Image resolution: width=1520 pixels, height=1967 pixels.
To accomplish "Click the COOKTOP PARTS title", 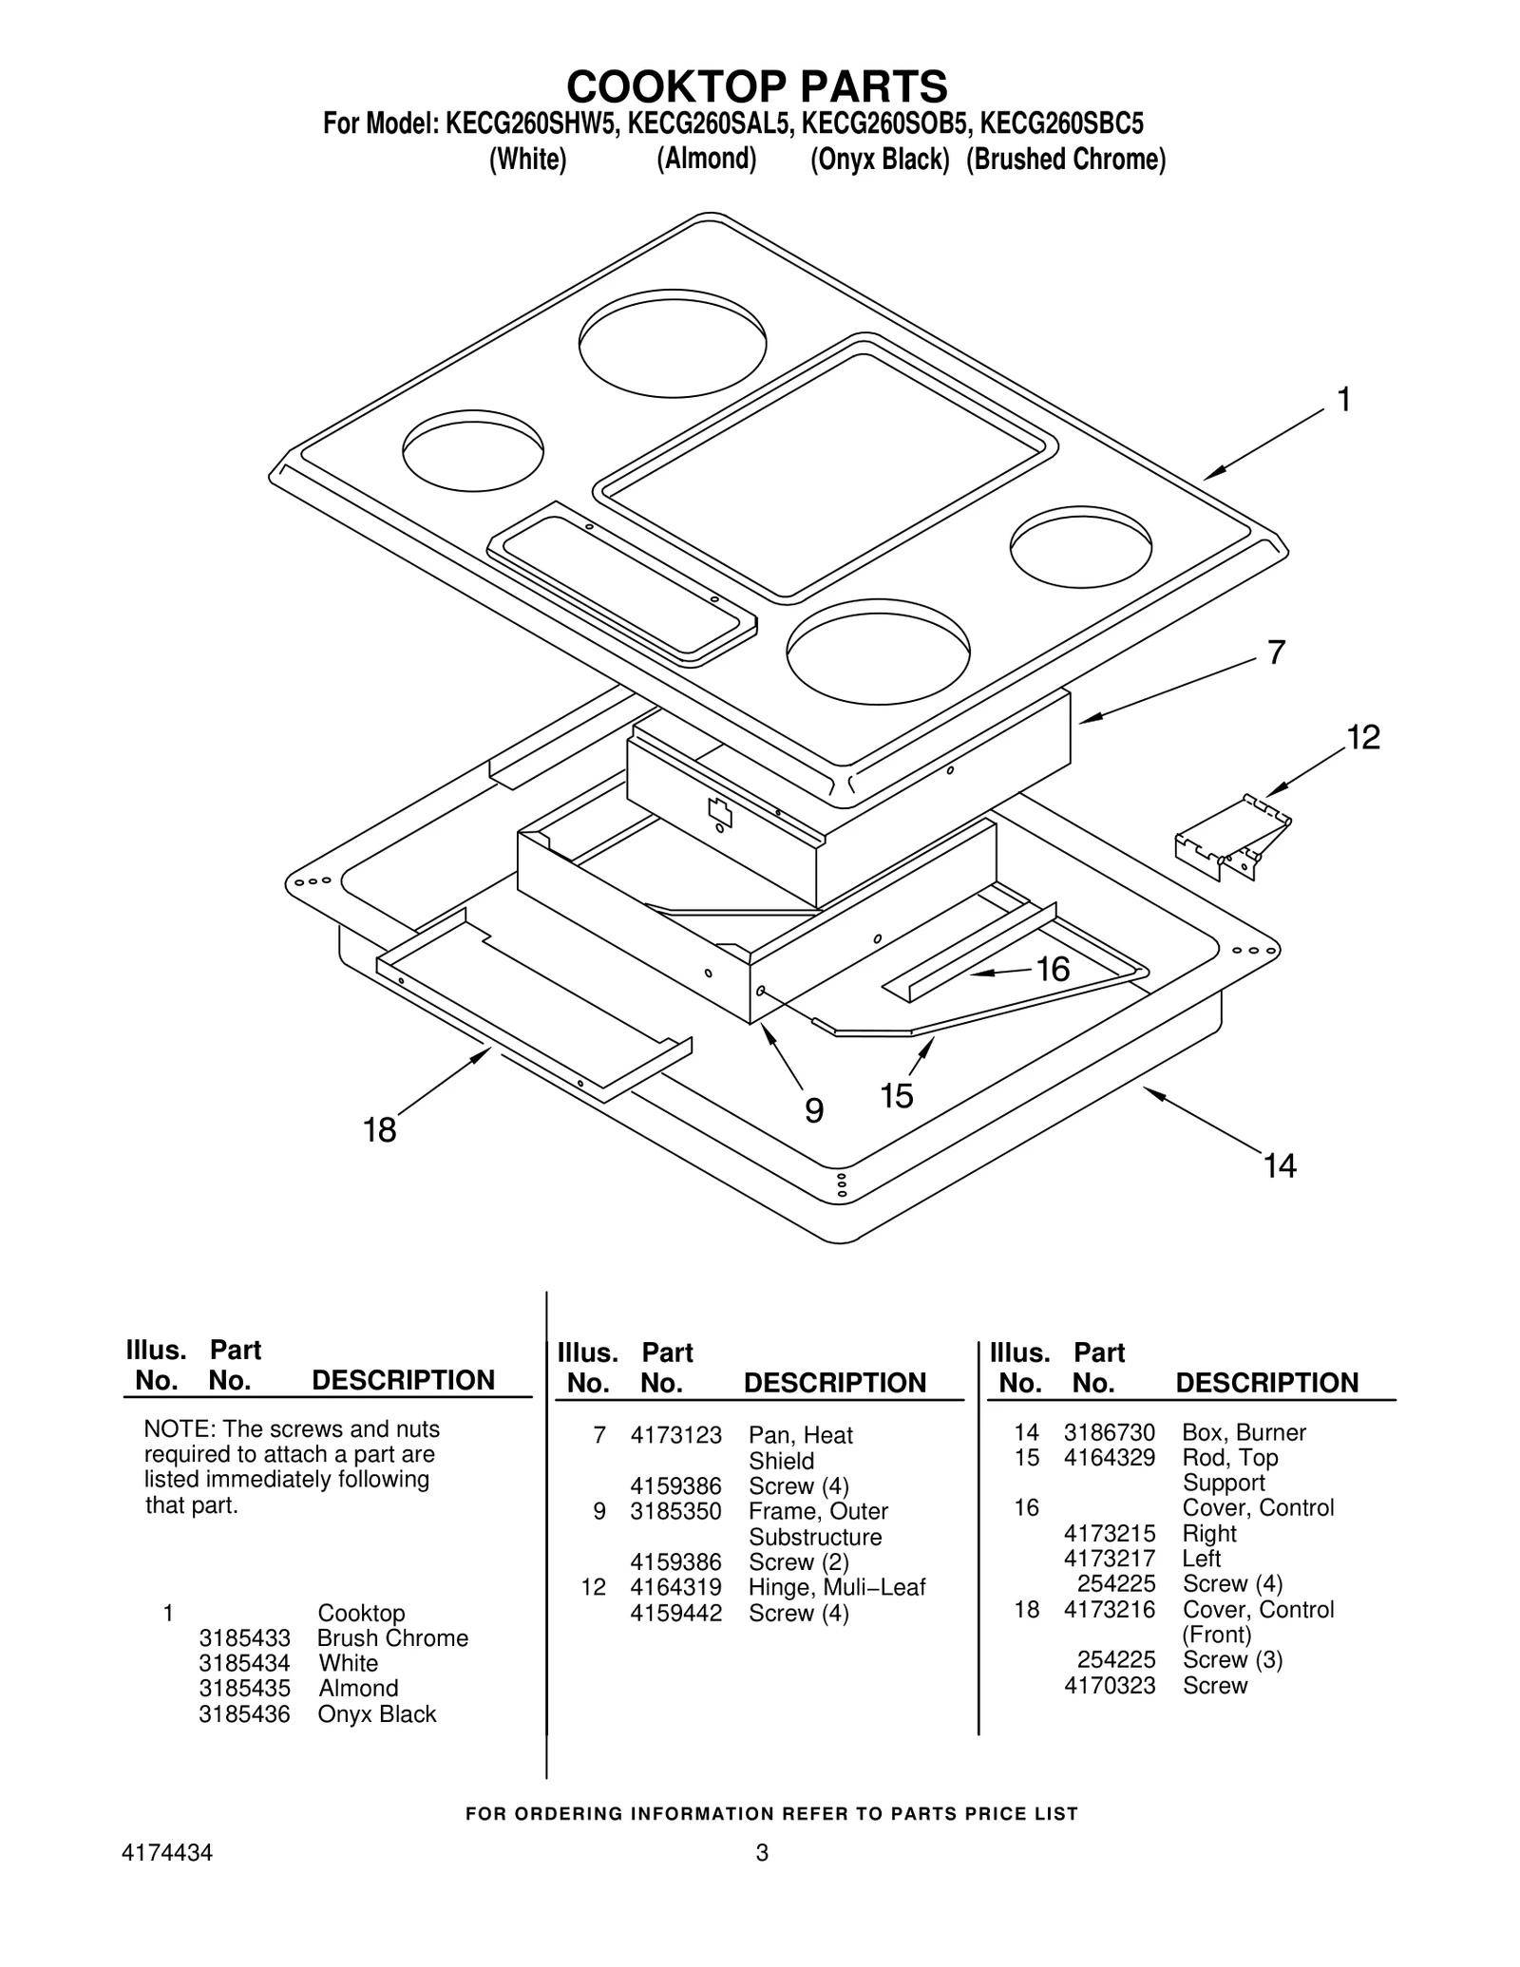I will tap(757, 86).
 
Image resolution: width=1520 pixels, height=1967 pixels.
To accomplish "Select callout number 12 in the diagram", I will tap(1363, 737).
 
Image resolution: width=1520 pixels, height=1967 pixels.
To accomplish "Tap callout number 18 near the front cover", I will tap(379, 1130).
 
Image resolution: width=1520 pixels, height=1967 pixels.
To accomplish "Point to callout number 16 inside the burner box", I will tap(1053, 969).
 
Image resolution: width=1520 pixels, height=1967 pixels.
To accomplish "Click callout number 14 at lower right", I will tap(1280, 1165).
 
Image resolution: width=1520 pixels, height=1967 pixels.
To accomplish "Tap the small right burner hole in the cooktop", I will tap(1080, 547).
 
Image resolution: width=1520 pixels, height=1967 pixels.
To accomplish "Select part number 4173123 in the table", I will tap(675, 1435).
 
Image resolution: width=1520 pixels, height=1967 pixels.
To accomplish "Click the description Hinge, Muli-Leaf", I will tap(836, 1587).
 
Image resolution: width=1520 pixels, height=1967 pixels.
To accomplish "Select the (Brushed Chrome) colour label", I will tap(1065, 160).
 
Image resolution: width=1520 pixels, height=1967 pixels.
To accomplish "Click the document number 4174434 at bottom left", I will tap(167, 1853).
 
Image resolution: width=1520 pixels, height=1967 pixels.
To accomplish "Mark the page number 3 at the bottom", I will tap(761, 1853).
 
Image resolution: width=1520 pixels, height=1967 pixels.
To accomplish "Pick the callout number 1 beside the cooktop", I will tap(1343, 401).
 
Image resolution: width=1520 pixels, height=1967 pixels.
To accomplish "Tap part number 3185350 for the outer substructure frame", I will tap(675, 1511).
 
